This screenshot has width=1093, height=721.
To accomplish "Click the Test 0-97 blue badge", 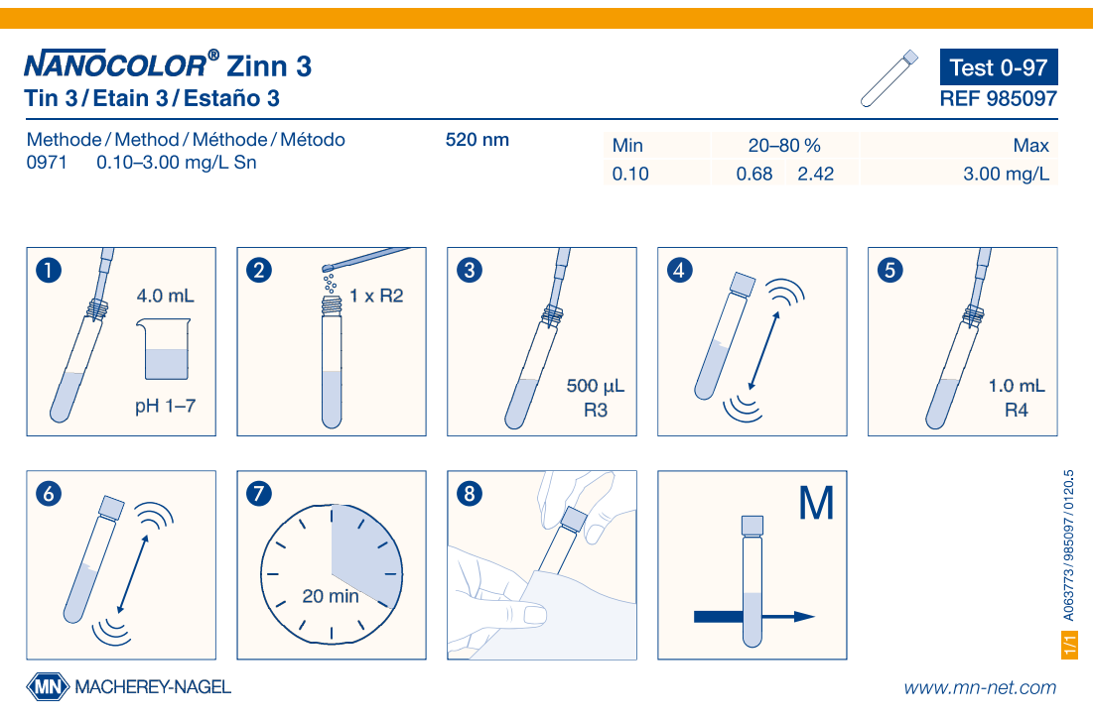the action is [999, 66].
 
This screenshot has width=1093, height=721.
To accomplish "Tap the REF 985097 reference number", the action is [999, 99].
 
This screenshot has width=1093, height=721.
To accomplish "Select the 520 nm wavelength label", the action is [478, 139].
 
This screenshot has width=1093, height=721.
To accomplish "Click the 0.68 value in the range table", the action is [754, 174].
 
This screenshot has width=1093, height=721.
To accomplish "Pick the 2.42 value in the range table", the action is [816, 174].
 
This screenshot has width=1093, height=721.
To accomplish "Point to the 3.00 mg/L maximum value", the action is [1006, 174].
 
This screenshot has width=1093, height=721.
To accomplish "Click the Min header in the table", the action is [627, 145].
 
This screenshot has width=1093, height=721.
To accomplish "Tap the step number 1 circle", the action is [48, 270].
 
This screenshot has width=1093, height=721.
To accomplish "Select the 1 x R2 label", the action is [376, 297].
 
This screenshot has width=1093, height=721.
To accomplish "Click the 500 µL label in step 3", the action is [596, 386].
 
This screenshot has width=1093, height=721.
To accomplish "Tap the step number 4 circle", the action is [680, 270].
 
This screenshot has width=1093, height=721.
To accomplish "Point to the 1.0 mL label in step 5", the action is [1017, 386].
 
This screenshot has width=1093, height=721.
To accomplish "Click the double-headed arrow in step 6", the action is [133, 574].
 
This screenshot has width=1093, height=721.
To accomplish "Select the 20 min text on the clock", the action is [331, 596].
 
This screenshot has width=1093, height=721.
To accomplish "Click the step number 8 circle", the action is [470, 493].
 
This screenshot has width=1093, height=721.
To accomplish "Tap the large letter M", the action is [816, 503].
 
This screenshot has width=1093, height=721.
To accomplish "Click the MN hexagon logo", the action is [48, 687].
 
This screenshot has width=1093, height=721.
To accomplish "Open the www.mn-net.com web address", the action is [980, 687].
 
